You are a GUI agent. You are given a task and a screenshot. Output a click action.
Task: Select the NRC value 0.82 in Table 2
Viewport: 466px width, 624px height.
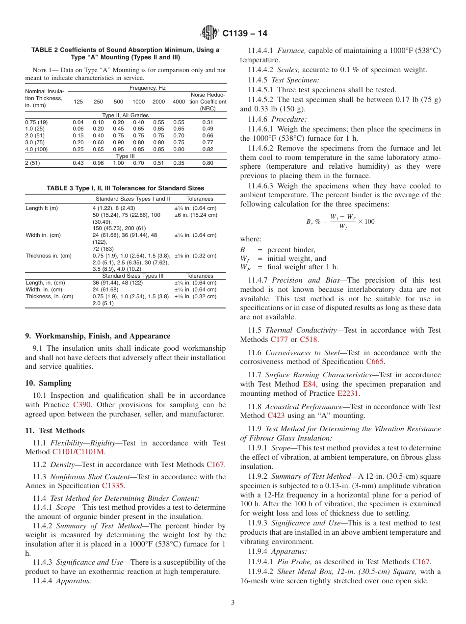coord(207,149)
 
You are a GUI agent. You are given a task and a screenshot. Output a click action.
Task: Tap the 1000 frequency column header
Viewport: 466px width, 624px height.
coord(138,102)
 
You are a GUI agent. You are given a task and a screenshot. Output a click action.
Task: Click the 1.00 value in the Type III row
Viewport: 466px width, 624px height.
coord(118,163)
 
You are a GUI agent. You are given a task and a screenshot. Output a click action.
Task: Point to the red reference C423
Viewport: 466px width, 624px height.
coord(276,416)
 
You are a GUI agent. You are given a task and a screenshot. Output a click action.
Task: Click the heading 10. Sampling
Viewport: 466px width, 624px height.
coord(48,383)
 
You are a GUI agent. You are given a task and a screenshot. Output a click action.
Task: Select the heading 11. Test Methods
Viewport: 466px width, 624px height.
coord(55,431)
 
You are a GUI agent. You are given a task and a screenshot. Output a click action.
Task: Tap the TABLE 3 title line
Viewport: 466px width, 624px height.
coord(125,188)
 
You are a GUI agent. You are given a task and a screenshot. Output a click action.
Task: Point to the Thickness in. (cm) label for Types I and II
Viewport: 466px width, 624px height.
coord(49,256)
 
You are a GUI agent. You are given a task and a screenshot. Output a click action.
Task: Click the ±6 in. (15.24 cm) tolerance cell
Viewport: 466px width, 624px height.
coord(196,215)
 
